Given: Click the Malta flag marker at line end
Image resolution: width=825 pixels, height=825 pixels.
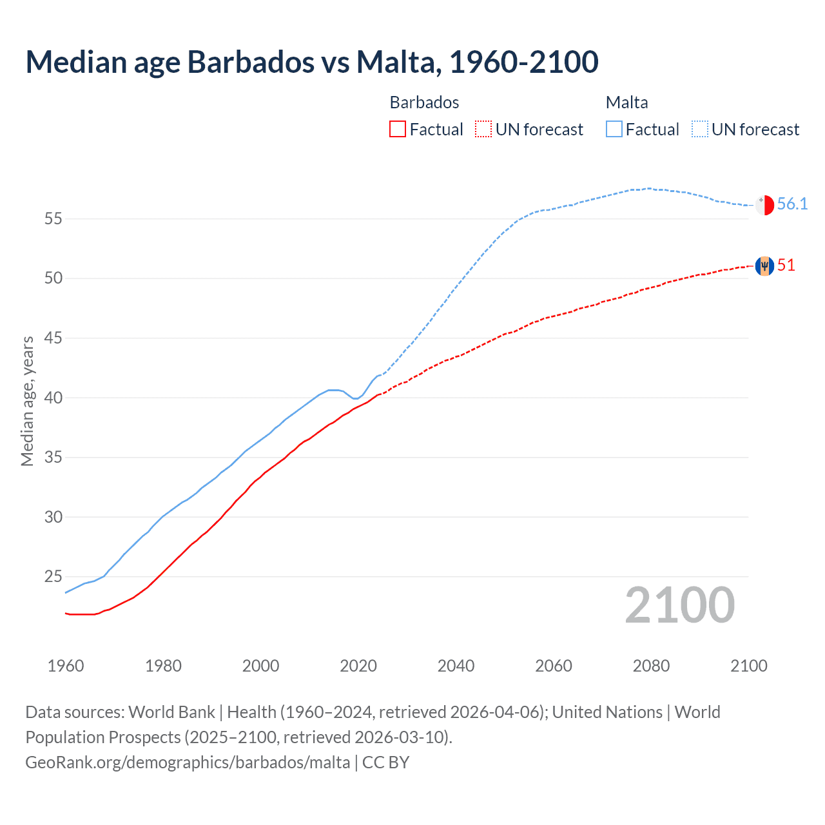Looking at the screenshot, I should [x=764, y=204].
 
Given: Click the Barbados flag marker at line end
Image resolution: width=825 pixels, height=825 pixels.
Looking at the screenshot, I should [x=764, y=266].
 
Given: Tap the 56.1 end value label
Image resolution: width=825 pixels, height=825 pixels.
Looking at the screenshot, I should [x=792, y=204].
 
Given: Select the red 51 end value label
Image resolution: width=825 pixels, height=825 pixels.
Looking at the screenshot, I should [x=786, y=266].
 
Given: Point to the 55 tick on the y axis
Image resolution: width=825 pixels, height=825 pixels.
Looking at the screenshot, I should [x=53, y=219].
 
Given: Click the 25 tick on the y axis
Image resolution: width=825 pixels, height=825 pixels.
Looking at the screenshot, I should [x=53, y=577].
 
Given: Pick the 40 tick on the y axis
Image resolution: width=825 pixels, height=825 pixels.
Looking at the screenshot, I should [x=53, y=398].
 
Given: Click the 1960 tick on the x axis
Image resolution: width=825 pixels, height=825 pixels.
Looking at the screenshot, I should [x=66, y=666].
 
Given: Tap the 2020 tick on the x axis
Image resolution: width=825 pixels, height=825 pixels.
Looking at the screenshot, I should [x=358, y=666].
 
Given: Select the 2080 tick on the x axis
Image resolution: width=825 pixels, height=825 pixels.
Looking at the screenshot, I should [x=651, y=666].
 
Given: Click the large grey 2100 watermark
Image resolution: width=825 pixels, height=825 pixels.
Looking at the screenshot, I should [x=679, y=605].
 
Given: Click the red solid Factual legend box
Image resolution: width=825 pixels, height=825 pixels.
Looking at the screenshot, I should [x=398, y=130].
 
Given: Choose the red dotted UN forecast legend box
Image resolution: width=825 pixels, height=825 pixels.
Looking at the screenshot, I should [x=483, y=130].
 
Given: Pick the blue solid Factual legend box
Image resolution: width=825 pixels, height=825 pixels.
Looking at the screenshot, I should [x=614, y=130].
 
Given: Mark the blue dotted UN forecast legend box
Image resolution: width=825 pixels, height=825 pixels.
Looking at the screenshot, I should [x=700, y=130].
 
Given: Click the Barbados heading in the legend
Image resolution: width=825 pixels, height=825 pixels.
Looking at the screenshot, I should [x=424, y=102].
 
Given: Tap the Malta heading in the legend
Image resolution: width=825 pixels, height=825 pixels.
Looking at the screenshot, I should [x=626, y=102].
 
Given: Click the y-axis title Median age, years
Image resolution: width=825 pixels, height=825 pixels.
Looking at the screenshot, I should [x=27, y=401].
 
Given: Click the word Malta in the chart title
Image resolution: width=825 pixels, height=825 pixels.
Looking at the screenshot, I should [x=395, y=62].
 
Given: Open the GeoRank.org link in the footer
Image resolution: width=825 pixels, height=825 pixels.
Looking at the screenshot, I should [x=188, y=762].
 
